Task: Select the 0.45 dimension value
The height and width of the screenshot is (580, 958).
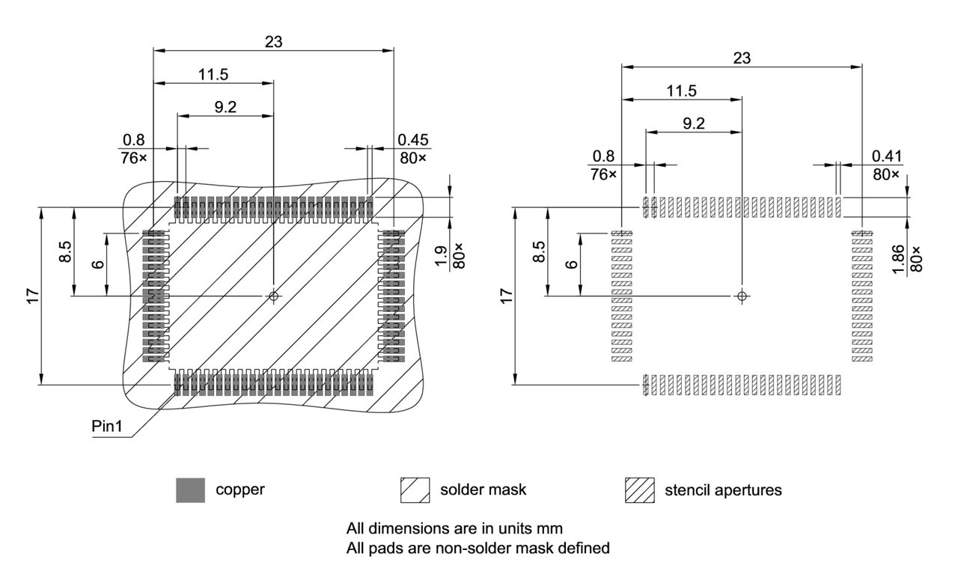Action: click(412, 140)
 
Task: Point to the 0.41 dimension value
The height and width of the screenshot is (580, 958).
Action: click(886, 156)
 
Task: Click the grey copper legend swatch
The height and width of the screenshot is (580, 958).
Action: click(190, 490)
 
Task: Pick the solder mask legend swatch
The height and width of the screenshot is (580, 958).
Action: click(415, 490)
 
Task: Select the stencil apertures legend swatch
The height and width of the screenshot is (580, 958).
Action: click(639, 490)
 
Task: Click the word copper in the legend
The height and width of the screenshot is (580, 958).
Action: click(240, 490)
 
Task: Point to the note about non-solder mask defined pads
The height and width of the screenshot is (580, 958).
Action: click(478, 548)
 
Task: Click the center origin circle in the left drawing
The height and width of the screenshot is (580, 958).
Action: click(274, 296)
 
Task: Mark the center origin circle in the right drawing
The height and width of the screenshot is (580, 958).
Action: click(742, 296)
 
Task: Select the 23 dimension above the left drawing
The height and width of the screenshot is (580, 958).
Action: click(273, 42)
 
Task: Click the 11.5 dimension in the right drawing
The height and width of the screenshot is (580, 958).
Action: click(682, 91)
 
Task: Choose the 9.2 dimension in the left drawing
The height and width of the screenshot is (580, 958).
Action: click(225, 107)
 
